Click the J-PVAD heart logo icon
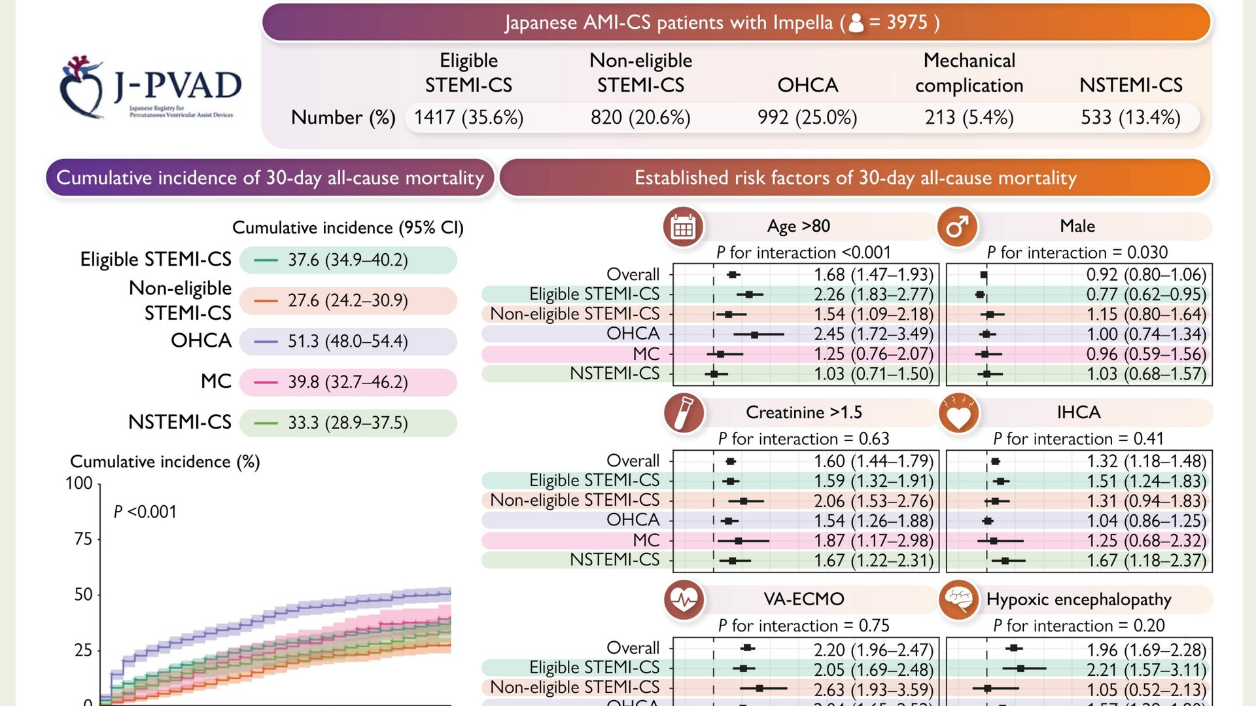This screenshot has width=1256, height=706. [x=82, y=87]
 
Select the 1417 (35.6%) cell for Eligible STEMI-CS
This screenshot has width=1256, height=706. [x=468, y=118]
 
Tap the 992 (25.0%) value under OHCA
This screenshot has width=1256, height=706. [x=807, y=118]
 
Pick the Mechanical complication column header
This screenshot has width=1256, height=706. [x=969, y=73]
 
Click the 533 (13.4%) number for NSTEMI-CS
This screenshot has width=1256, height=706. [x=1130, y=118]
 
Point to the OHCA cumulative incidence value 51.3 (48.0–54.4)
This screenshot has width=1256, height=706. [x=348, y=342]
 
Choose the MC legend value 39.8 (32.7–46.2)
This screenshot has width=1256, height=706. [x=348, y=382]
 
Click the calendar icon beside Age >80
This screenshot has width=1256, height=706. [x=683, y=227]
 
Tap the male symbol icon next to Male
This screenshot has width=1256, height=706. [x=957, y=227]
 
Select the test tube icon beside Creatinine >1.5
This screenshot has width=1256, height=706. [x=684, y=414]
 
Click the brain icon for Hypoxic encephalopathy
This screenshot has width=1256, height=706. [x=958, y=599]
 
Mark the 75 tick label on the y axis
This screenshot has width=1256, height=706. [x=83, y=539]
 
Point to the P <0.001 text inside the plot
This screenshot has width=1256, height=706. [x=145, y=512]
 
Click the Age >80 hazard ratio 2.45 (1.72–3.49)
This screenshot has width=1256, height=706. [x=873, y=334]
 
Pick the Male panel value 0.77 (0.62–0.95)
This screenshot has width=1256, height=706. [x=1146, y=294]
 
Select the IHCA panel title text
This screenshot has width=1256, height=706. [x=1079, y=413]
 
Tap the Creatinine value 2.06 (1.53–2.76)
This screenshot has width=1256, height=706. [x=873, y=501]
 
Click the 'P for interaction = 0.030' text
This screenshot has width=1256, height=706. [x=1077, y=253]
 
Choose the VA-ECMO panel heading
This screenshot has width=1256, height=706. [x=804, y=599]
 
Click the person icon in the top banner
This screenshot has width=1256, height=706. [x=856, y=23]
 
